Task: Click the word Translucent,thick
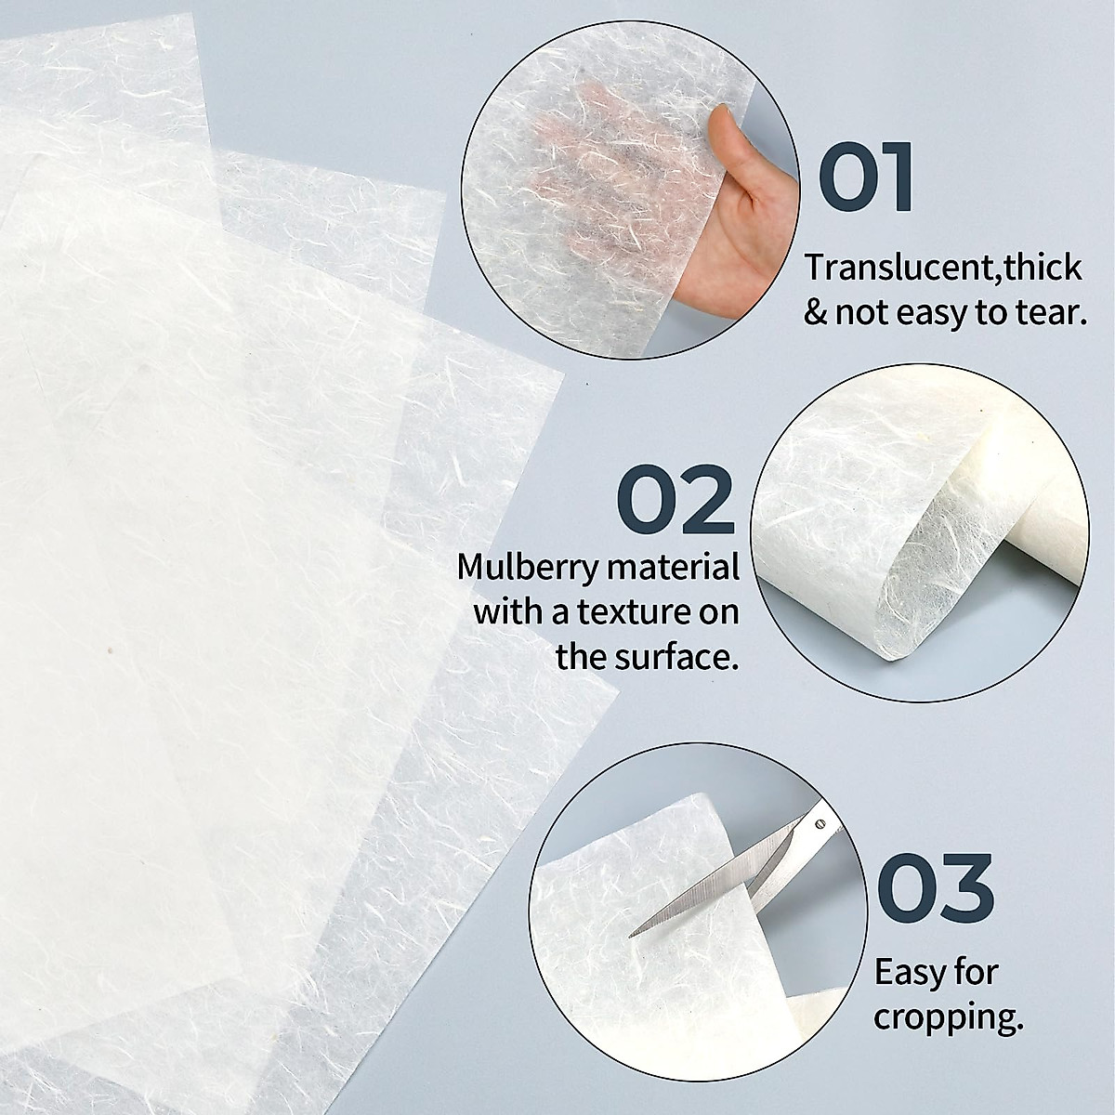tap(943, 268)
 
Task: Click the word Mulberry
tap(525, 568)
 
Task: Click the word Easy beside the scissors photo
tap(911, 973)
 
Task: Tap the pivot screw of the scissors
tap(819, 821)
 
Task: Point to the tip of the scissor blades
tap(633, 932)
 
